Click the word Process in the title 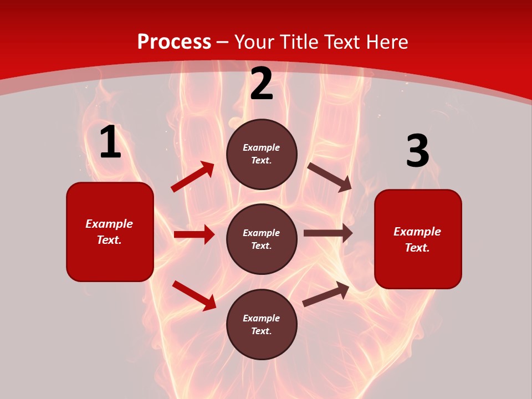tap(174, 42)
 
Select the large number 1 tap(110, 142)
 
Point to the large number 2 tap(262, 84)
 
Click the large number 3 tap(417, 151)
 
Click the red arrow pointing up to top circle tap(193, 177)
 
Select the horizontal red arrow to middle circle tap(194, 234)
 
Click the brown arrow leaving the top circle tap(330, 177)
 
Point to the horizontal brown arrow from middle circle tap(328, 233)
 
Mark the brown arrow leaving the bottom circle tap(326, 294)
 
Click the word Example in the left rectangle tap(109, 224)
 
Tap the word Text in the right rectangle tap(417, 248)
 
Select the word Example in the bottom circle tap(262, 318)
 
